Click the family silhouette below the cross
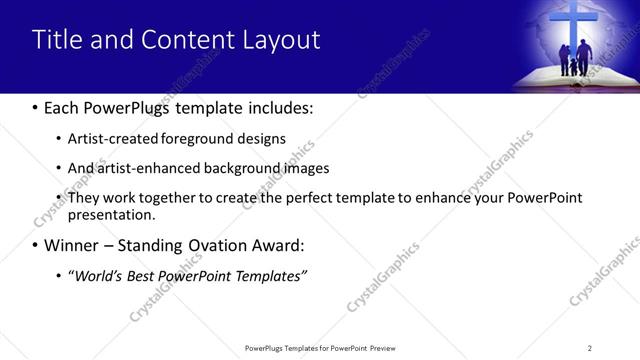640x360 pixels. [574, 60]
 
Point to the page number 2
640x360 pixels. [589, 348]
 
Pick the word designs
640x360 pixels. [258, 139]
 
